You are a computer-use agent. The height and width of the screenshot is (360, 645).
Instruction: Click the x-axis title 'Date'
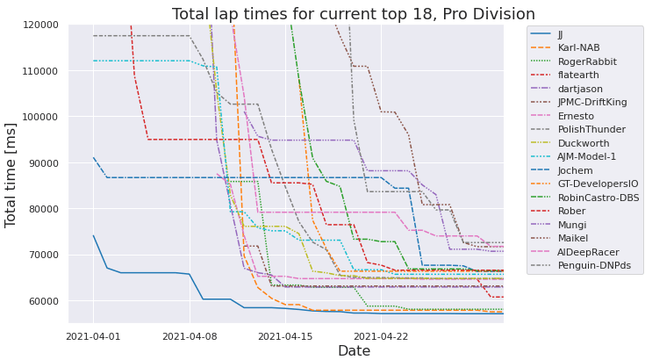tap(286, 351)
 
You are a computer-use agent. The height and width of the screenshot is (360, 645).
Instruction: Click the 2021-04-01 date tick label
tap(93, 335)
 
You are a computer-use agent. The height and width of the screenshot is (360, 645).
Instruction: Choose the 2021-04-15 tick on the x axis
tap(285, 335)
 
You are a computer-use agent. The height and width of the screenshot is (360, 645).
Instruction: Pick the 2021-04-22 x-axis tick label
tap(382, 335)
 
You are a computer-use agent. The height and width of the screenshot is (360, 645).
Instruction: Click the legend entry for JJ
tap(562, 34)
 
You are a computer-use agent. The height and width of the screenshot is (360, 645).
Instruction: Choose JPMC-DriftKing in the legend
tap(592, 103)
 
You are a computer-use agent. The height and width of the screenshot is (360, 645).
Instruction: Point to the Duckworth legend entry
tap(584, 143)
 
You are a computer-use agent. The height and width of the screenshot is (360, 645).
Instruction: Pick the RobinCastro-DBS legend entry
tap(598, 198)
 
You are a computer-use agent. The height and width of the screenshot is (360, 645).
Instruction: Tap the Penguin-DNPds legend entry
tap(594, 265)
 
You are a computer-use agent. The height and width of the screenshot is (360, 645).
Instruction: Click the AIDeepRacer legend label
tap(589, 252)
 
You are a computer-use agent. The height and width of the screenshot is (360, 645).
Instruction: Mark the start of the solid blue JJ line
tap(93, 235)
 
